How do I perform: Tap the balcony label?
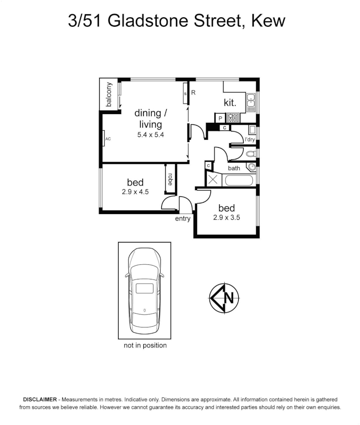pyautogui.click(x=109, y=94)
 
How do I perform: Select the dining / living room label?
pyautogui.click(x=148, y=118)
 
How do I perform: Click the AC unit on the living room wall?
pyautogui.click(x=104, y=139)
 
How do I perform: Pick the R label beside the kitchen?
pyautogui.click(x=193, y=93)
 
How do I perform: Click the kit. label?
pyautogui.click(x=230, y=103)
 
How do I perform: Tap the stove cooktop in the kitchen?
pyautogui.click(x=233, y=117)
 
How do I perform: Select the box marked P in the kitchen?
pyautogui.click(x=220, y=118)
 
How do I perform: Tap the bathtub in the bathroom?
pyautogui.click(x=238, y=181)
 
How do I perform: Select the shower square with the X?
pyautogui.click(x=213, y=179)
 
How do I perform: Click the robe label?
pyautogui.click(x=170, y=179)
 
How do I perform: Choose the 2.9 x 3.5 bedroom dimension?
pyautogui.click(x=226, y=217)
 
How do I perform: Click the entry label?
pyautogui.click(x=183, y=219)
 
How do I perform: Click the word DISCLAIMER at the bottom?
pyautogui.click(x=40, y=399)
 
